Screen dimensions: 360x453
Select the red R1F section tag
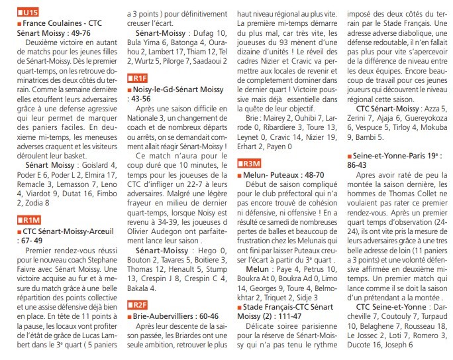click(x=137, y=78)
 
